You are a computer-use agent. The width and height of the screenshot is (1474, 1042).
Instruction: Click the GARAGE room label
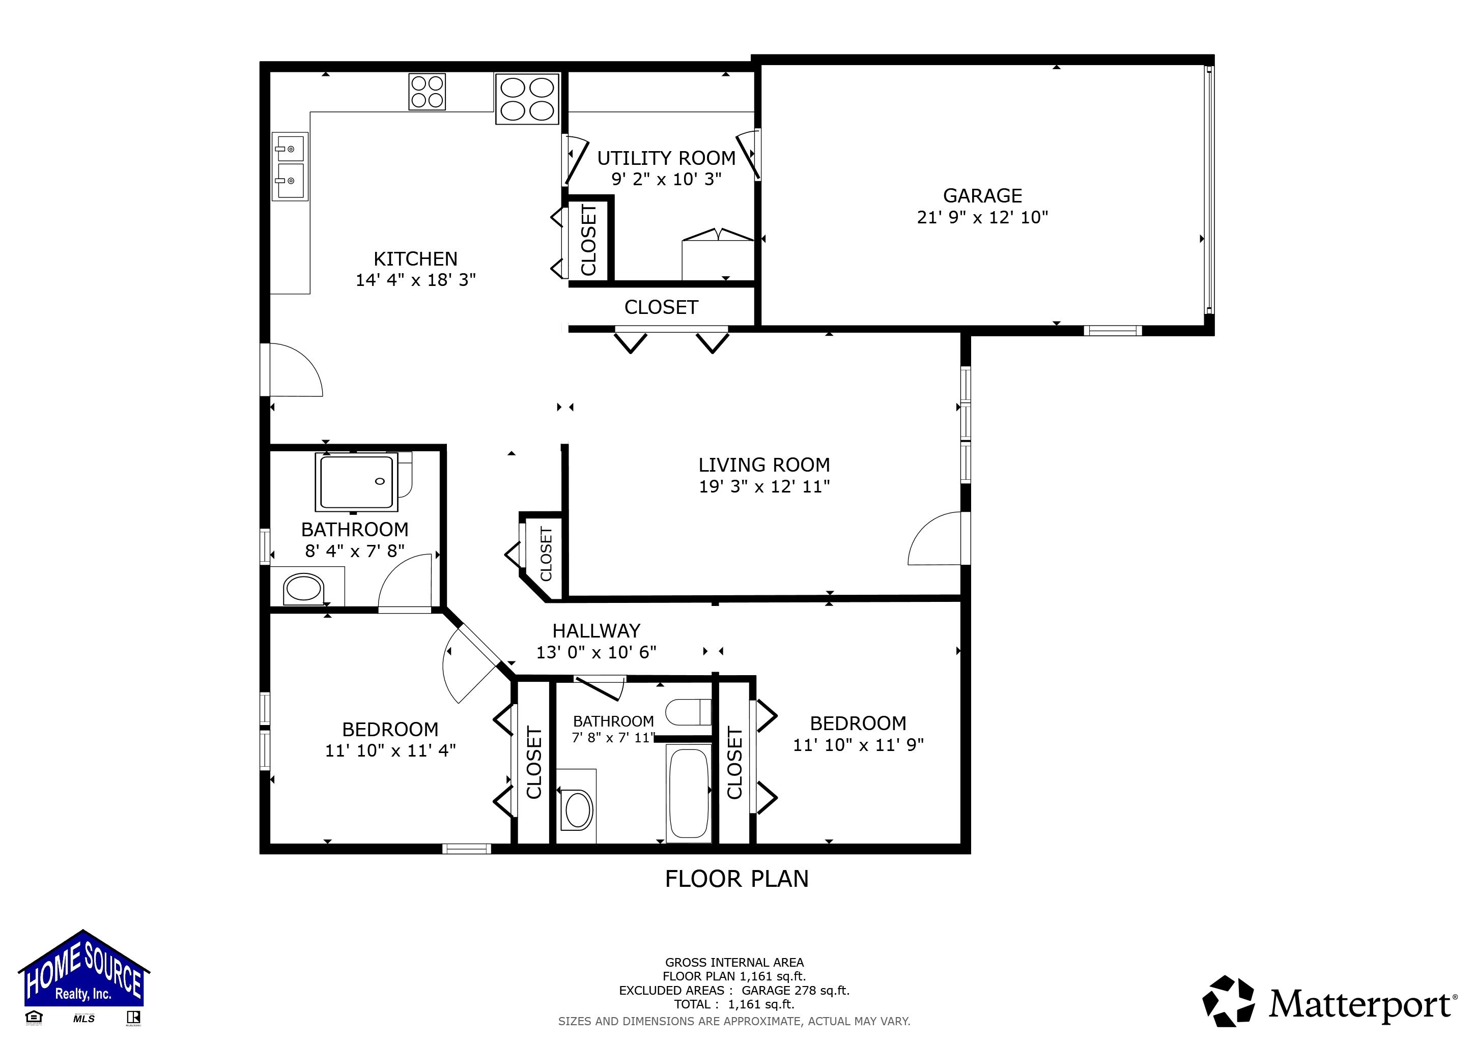[982, 195]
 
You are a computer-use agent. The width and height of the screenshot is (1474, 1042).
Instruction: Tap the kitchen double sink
[290, 165]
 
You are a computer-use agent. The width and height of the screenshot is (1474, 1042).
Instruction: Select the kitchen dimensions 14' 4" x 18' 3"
[415, 280]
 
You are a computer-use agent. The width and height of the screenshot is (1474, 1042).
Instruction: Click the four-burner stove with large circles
[526, 99]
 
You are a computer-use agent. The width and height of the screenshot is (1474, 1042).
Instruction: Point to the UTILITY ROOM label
[666, 158]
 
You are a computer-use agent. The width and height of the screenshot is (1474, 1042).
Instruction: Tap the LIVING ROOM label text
[763, 465]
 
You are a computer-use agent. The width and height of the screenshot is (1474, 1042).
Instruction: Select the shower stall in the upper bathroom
[356, 482]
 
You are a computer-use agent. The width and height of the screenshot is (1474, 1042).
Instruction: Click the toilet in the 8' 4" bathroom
[302, 588]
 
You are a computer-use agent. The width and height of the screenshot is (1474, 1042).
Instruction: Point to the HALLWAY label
[596, 631]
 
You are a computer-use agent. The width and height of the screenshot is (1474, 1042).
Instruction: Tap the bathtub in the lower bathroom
[689, 793]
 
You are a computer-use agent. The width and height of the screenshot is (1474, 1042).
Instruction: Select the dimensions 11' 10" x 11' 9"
[858, 745]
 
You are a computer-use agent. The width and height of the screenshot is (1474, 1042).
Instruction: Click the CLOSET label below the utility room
[661, 307]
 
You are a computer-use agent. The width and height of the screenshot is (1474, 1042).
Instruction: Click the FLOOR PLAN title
[736, 878]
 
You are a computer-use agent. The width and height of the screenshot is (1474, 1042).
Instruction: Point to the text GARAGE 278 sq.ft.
[795, 991]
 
